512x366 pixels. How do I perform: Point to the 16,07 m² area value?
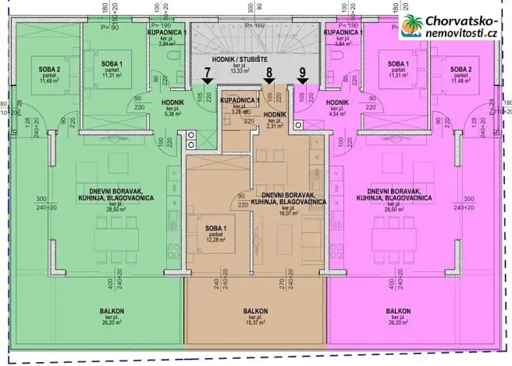pyautogui.click(x=282, y=210)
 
